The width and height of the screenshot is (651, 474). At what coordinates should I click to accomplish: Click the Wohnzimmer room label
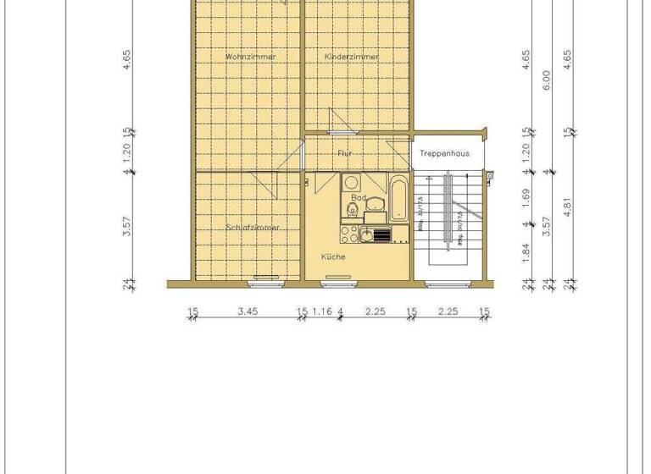[x=251, y=57]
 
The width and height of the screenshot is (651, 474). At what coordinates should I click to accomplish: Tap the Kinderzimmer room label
[x=352, y=57]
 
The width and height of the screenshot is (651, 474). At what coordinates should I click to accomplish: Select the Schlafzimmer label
[x=253, y=227]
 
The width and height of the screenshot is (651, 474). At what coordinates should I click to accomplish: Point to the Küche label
[x=332, y=256]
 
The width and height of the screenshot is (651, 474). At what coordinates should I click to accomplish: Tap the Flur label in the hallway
[x=345, y=153]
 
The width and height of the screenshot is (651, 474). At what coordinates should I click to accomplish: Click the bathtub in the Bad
[x=399, y=196]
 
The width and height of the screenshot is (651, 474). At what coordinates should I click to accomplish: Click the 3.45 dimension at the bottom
[x=248, y=311]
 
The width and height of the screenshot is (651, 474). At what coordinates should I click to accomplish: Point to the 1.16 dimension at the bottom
[x=321, y=311]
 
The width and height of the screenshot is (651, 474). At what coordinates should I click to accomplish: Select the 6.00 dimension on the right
[x=547, y=80]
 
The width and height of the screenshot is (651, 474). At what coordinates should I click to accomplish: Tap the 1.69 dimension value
[x=526, y=197]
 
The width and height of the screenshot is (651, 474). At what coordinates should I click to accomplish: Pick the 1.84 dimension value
[x=526, y=250]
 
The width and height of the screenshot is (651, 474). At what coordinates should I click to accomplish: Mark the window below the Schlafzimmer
[x=266, y=278]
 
